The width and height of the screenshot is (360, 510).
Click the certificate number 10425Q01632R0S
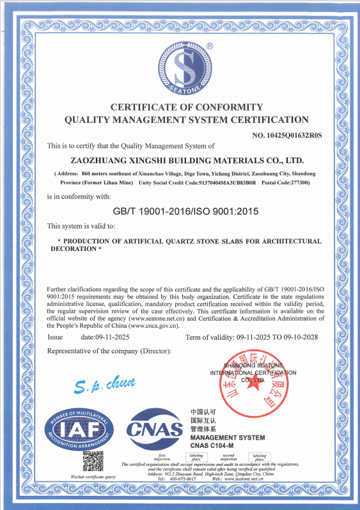click(288, 135)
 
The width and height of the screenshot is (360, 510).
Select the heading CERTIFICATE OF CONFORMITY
click(187, 106)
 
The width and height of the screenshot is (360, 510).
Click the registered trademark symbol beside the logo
click(210, 45)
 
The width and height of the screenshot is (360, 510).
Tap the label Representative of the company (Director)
click(109, 351)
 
